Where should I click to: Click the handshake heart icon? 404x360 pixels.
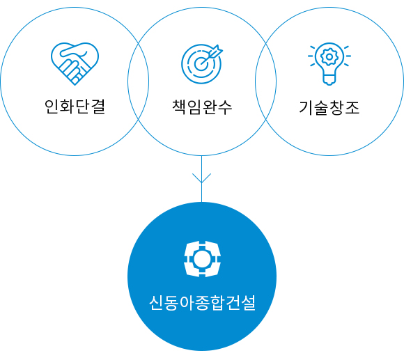(75, 63)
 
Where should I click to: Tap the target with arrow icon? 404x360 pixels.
(202, 64)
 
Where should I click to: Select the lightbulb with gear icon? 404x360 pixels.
(329, 64)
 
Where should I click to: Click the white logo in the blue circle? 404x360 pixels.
(202, 259)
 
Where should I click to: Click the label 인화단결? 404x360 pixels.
(75, 107)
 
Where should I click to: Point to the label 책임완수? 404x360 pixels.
(202, 107)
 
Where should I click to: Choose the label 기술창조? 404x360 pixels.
(329, 108)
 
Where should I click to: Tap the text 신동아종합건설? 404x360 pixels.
(202, 303)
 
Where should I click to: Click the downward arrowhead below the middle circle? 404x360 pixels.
(202, 178)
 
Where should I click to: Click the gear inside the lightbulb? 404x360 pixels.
(329, 56)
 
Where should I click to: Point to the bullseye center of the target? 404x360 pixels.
(201, 63)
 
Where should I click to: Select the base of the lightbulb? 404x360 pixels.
(329, 79)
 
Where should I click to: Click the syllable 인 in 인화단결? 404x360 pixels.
(52, 107)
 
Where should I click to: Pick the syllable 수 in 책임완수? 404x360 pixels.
(225, 107)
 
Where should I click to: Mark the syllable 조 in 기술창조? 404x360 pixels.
(352, 108)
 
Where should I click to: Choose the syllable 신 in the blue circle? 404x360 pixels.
(156, 303)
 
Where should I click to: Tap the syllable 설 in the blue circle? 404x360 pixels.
(248, 303)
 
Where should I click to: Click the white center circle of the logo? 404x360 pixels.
(202, 259)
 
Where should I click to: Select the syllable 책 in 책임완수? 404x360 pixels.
(179, 107)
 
